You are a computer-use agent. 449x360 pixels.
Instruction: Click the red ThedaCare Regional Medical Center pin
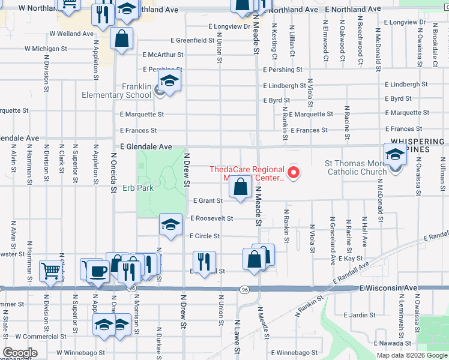294,174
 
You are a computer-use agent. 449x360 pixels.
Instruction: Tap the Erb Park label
139,188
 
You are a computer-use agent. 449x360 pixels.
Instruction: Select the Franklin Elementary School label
128,91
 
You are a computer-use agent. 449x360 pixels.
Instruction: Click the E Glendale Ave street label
146,146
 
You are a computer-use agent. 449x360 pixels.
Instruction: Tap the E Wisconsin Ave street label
388,289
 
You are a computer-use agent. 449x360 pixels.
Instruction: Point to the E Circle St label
205,236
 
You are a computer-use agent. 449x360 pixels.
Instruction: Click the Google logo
20,353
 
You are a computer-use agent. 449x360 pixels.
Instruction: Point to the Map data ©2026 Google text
411,355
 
